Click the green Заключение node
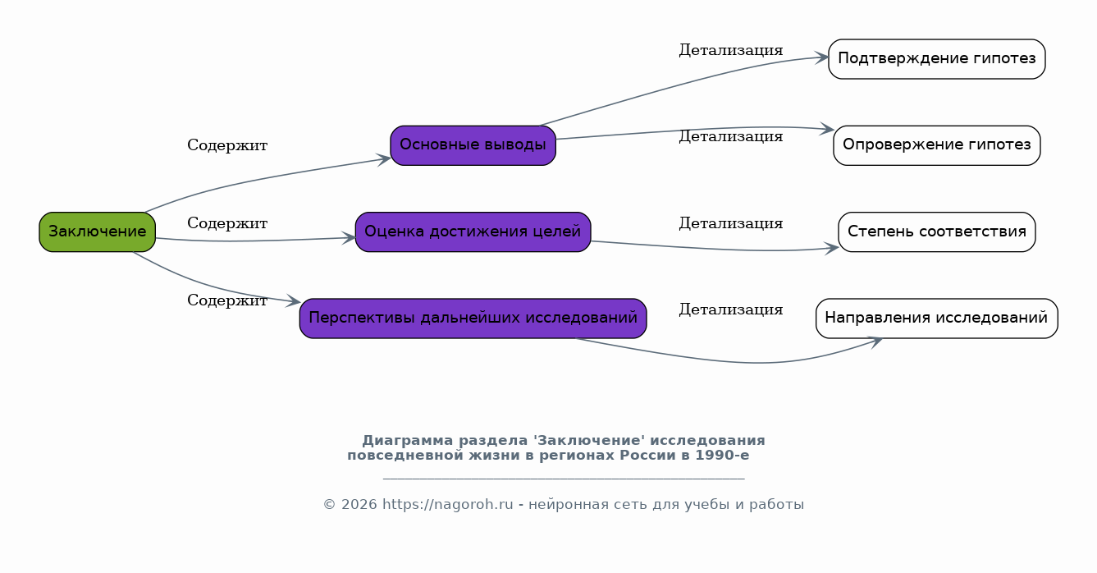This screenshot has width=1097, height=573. click(98, 231)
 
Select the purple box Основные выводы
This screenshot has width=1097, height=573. click(473, 145)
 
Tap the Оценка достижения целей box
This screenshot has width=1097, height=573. click(473, 231)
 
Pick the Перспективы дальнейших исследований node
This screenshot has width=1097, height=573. click(473, 319)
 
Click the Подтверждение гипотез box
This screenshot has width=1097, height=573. click(937, 59)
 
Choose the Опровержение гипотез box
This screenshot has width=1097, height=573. click(937, 145)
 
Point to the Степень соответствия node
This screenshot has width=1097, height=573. click(937, 231)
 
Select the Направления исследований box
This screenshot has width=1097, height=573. click(937, 319)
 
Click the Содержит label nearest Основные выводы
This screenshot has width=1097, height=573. click(227, 145)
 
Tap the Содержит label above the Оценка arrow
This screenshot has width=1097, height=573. click(227, 223)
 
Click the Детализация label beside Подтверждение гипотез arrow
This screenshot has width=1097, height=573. click(731, 50)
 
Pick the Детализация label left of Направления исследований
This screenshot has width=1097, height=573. click(731, 309)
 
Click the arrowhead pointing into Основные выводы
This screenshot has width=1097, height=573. click(384, 159)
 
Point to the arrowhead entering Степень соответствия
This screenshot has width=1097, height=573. click(831, 249)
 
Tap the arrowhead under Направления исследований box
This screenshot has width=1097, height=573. click(875, 342)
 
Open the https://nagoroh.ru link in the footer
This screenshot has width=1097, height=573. click(448, 505)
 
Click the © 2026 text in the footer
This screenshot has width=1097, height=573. click(350, 505)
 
